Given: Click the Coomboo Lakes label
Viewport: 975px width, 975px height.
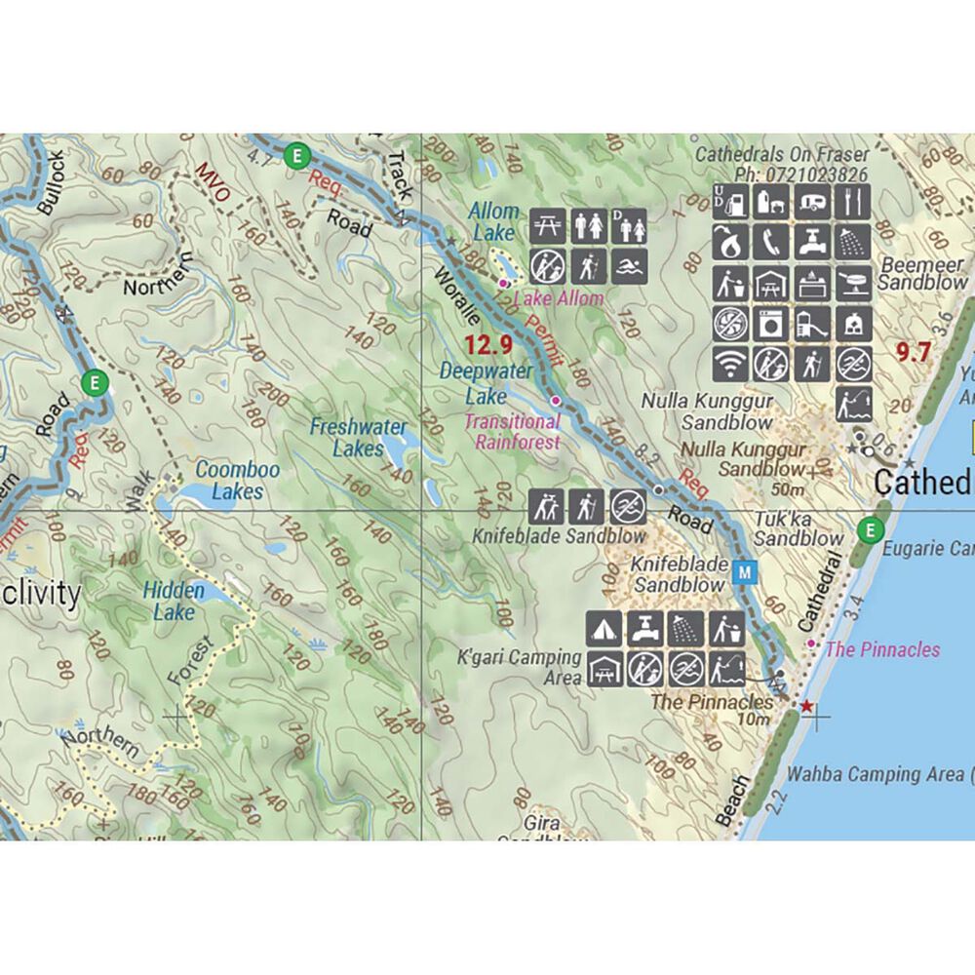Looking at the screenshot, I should (x=238, y=481).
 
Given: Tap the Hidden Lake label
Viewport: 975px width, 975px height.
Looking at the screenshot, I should (x=175, y=602).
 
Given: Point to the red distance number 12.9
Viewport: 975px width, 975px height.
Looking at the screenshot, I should (x=487, y=344).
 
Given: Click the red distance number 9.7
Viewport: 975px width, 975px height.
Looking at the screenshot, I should (x=914, y=353).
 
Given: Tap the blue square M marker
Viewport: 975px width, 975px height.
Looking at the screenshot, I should (x=745, y=572).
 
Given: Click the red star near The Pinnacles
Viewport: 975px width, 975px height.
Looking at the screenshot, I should (x=805, y=703).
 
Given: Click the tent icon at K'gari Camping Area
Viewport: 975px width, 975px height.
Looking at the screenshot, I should (x=604, y=628).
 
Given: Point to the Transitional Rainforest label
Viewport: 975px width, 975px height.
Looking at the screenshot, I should (x=513, y=432).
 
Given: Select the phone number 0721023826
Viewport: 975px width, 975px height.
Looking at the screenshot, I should (x=817, y=175).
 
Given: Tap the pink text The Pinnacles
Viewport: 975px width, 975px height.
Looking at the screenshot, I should (x=882, y=650).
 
